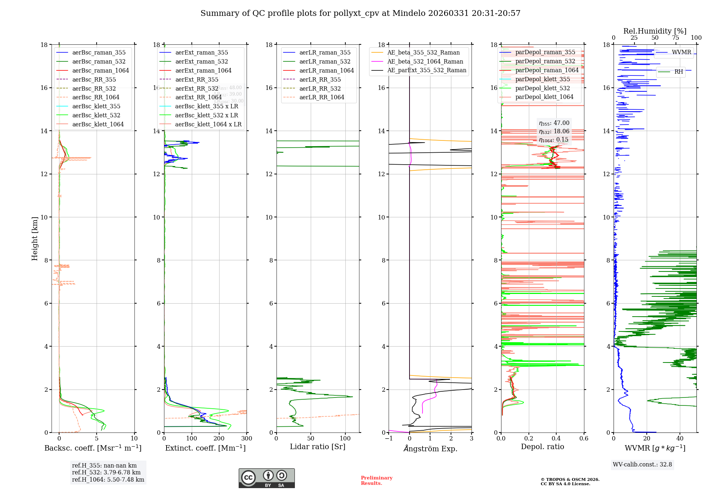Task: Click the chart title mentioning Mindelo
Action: pos(360,13)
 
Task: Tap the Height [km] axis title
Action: pos(35,238)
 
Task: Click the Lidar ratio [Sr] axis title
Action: pos(318,447)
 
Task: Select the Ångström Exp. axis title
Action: pos(430,448)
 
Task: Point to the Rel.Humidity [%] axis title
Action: pos(655,31)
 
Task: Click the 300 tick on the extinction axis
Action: pos(247,439)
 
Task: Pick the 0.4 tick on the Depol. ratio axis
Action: pos(556,439)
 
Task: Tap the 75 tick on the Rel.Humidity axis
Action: pos(676,38)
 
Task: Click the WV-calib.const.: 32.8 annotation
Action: pos(642,464)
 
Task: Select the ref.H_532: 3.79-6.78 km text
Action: pos(106,472)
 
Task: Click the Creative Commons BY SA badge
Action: pos(266,478)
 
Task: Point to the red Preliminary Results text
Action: pos(376,480)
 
